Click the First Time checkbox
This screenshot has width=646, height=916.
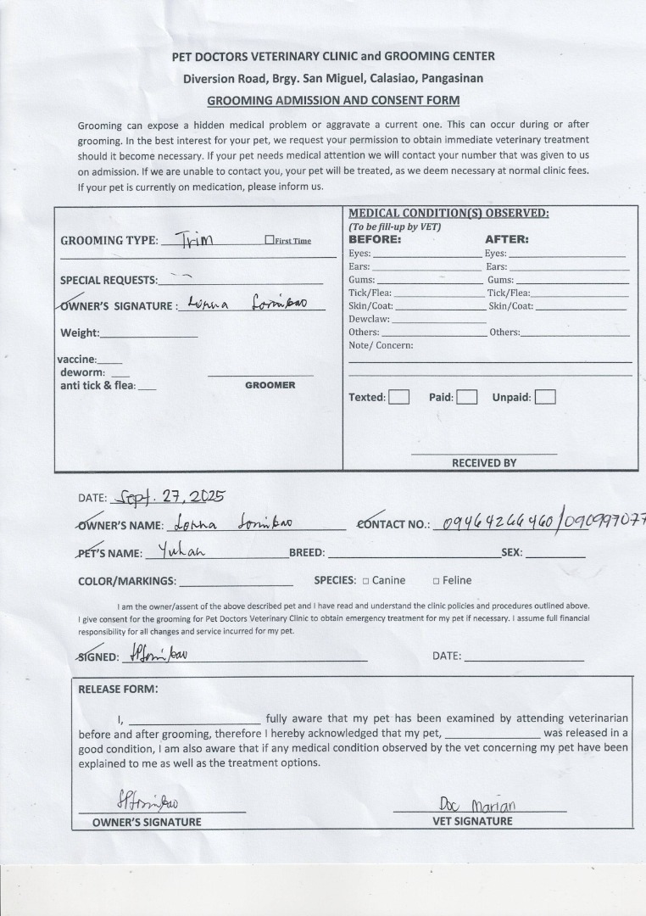click(x=269, y=240)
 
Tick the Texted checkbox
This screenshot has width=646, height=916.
click(x=398, y=397)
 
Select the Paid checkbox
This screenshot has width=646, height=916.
click(x=466, y=397)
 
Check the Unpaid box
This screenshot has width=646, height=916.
click(x=545, y=397)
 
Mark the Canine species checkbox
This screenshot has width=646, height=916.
click(x=365, y=581)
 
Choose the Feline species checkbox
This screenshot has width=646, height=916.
click(x=436, y=581)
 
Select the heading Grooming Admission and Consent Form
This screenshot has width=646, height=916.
click(x=333, y=100)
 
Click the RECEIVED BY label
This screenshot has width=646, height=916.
click(x=483, y=463)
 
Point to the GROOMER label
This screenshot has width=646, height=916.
click(x=270, y=385)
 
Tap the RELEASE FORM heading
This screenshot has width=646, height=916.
click(x=118, y=689)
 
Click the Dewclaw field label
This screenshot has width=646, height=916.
click(x=369, y=319)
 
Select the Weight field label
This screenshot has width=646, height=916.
click(x=80, y=332)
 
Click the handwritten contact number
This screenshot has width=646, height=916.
click(x=543, y=523)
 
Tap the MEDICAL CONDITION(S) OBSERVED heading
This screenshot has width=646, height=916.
click(x=448, y=213)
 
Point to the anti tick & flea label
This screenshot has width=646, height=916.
click(x=97, y=386)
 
